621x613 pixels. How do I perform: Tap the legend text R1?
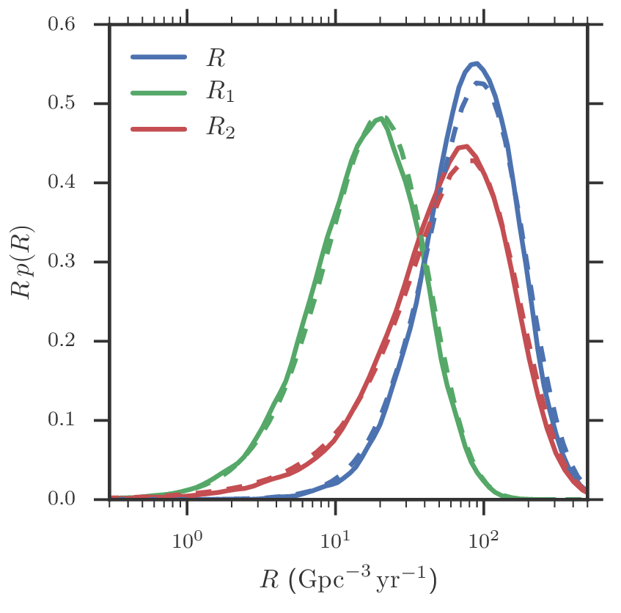pos(221,94)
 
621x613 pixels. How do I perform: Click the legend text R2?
pos(221,130)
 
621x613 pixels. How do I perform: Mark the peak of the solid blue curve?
pos(476,63)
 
